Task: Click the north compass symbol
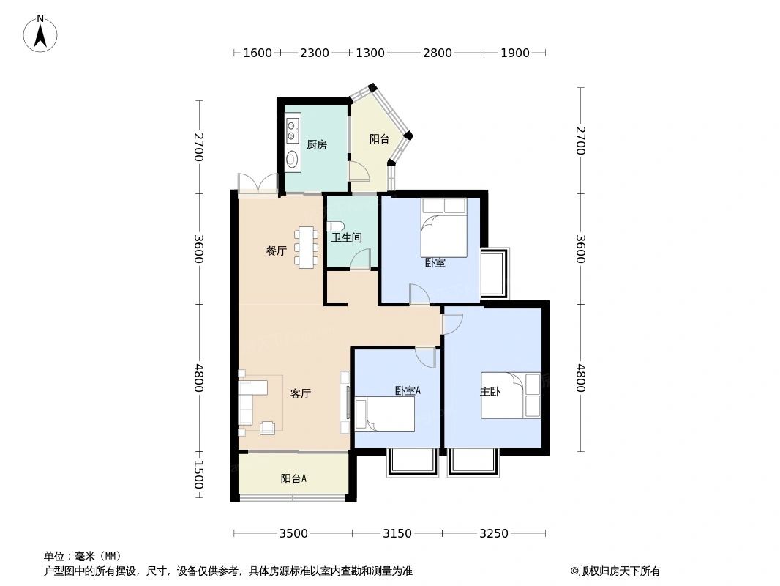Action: click(x=41, y=32)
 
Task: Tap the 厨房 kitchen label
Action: click(x=316, y=145)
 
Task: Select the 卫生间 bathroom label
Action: click(x=346, y=238)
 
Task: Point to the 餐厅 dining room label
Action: click(x=276, y=251)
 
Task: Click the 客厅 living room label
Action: click(x=301, y=394)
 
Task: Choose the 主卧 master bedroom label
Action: click(x=490, y=392)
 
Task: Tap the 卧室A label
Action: click(x=408, y=391)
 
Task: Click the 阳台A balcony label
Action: click(x=293, y=479)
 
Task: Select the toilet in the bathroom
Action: click(x=334, y=226)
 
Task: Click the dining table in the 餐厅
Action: click(x=307, y=247)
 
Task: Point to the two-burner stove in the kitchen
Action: click(x=292, y=130)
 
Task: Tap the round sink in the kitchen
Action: click(x=293, y=159)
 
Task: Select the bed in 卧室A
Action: click(x=385, y=415)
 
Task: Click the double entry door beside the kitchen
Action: click(x=258, y=184)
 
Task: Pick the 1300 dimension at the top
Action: click(x=370, y=53)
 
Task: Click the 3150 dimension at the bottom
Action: click(x=397, y=533)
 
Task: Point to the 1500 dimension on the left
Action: click(x=198, y=475)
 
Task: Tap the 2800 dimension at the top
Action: click(x=438, y=53)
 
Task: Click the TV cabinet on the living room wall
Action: click(x=345, y=401)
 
